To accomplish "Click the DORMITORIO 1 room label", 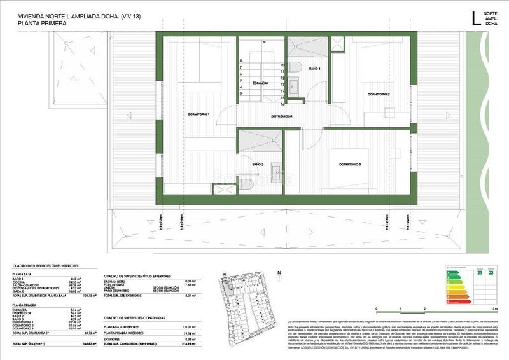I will [x=199, y=114].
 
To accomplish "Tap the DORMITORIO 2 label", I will [x=379, y=94].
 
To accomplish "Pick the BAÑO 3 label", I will [x=315, y=68].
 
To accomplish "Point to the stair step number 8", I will [x=241, y=60].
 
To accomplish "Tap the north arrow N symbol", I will [x=279, y=275].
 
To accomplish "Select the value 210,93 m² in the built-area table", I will [x=185, y=343].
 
